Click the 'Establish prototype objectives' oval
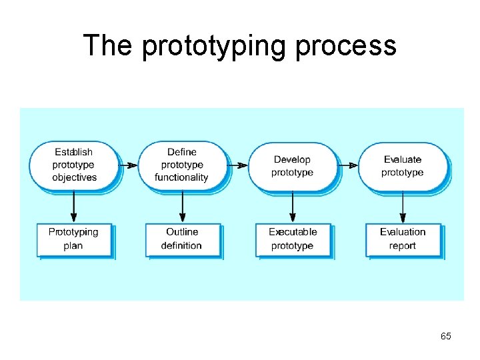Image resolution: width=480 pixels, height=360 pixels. coord(73,165)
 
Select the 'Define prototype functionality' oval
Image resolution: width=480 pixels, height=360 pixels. coord(182,165)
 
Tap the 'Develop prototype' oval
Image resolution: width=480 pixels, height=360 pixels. coord(292,165)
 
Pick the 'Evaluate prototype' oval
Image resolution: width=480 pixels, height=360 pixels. coord(403,165)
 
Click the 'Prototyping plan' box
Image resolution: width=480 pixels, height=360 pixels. coord(73,239)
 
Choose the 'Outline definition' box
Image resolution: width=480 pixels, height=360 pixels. coord(182,239)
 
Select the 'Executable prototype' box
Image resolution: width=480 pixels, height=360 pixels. coord(293,239)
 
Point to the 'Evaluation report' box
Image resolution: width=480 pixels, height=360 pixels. coord(403,239)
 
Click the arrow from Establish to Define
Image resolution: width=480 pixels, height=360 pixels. coord(128,165)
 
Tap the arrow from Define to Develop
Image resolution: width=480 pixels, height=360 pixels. coord(237,165)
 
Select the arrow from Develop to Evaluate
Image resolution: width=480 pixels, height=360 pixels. coord(347,165)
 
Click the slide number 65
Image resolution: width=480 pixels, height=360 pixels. coord(445,336)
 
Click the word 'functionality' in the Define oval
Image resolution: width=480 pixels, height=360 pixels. coord(181,177)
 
